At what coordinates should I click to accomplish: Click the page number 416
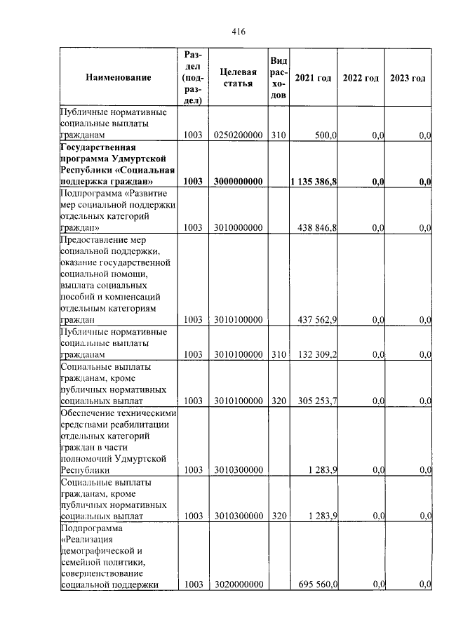238,32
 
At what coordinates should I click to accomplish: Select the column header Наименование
119,77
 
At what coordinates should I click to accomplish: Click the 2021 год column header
313,77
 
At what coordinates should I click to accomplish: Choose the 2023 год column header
408,77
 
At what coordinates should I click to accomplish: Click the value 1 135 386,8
315,182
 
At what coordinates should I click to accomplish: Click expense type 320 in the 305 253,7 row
279,401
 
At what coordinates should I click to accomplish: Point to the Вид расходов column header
279,77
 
